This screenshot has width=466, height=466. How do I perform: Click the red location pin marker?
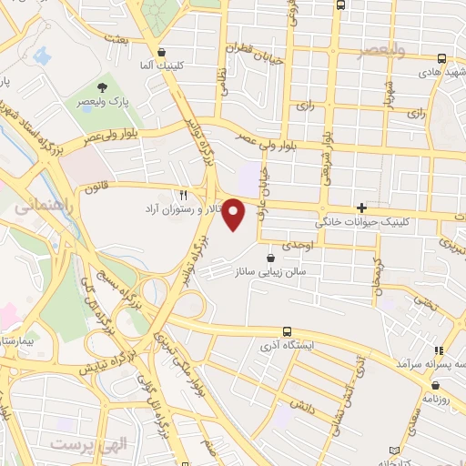click(x=234, y=215)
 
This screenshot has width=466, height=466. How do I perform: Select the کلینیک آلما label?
click(x=162, y=67)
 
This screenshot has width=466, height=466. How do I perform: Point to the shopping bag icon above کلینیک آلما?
click(x=162, y=54)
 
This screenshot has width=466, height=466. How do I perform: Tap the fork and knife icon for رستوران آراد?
click(x=183, y=194)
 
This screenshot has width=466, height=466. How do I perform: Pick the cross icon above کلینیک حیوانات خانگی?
click(x=361, y=208)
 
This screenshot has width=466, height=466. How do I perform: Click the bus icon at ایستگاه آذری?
click(x=287, y=331)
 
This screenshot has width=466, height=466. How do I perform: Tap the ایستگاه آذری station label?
click(x=287, y=346)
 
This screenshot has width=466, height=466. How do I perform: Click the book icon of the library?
click(x=393, y=451)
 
